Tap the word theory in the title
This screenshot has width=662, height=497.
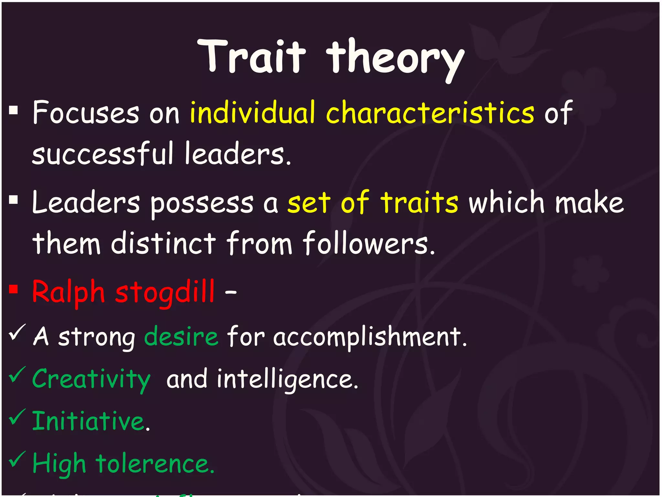[395, 58]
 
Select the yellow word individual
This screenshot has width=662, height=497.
[252, 113]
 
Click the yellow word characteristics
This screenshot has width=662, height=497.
[430, 113]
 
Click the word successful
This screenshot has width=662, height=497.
[103, 154]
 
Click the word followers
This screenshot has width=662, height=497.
[368, 243]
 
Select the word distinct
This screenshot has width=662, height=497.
[163, 243]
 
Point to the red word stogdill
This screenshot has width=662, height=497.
[165, 292]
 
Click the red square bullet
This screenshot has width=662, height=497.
[13, 289]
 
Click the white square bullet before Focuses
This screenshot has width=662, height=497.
[13, 111]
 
